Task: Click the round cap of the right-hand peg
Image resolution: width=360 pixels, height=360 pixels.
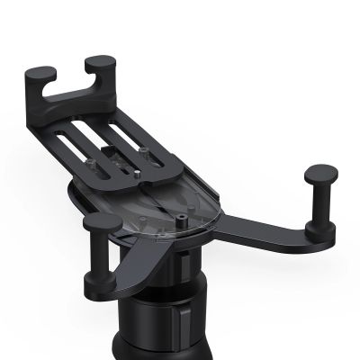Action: tap(320, 174)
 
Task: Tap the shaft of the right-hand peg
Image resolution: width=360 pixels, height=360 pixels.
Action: tap(320, 202)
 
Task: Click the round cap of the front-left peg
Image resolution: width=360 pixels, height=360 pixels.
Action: tap(102, 221)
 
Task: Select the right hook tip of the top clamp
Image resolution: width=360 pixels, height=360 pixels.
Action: tap(100, 62)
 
